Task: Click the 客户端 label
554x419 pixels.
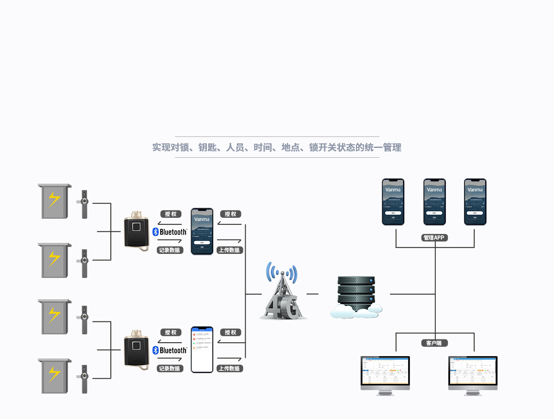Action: [434, 343]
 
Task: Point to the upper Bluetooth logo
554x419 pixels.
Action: [170, 232]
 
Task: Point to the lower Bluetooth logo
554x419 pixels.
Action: [170, 350]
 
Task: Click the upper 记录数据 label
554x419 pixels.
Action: [169, 250]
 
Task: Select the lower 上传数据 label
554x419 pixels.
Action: [229, 369]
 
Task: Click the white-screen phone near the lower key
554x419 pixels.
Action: [202, 350]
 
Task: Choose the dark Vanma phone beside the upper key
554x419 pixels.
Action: [202, 231]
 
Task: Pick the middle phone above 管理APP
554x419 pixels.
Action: [434, 202]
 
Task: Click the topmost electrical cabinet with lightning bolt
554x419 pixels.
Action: [54, 201]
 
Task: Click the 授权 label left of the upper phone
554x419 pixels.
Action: [171, 214]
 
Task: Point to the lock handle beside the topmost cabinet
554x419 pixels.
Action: [84, 203]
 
